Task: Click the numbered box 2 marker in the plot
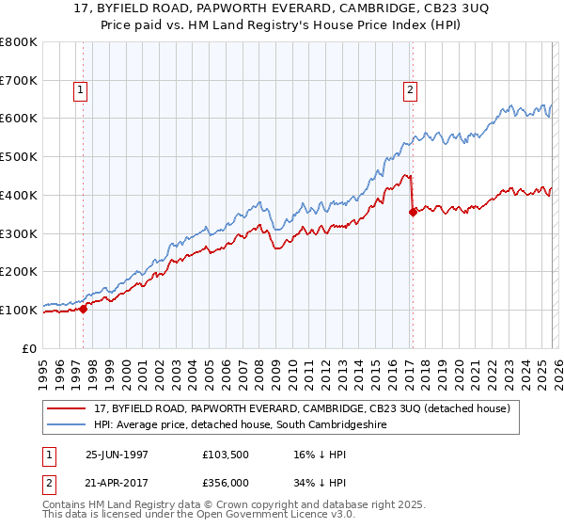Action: [x=411, y=90]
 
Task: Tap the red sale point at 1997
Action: [x=83, y=308]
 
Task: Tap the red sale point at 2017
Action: [x=413, y=212]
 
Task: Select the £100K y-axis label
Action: [x=19, y=310]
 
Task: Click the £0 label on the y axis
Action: [x=30, y=348]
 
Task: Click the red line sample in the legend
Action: [x=67, y=409]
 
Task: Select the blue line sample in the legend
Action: [x=67, y=425]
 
